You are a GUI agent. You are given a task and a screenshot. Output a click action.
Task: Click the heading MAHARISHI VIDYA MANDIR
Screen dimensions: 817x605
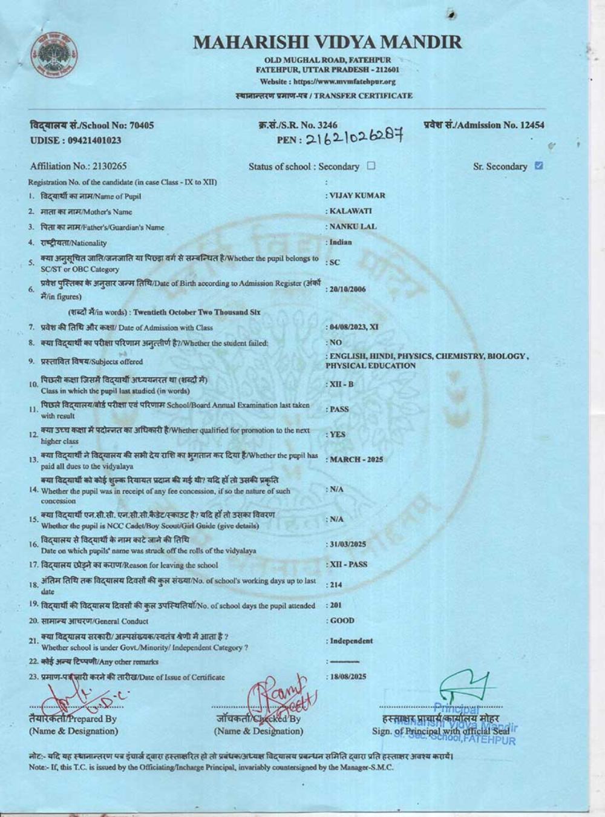coord(327,42)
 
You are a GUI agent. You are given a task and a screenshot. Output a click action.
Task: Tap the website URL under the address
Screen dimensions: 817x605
coord(327,82)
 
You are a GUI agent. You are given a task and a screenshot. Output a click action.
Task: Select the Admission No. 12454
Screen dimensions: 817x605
coord(483,125)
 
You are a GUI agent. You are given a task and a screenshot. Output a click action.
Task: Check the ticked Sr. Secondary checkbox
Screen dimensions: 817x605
coord(539,166)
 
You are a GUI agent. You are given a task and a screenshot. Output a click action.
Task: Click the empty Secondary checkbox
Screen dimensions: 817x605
coord(371,166)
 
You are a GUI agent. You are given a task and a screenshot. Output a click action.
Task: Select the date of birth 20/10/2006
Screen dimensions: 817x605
coord(347,289)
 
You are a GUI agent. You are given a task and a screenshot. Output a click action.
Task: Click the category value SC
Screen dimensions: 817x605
coord(335,263)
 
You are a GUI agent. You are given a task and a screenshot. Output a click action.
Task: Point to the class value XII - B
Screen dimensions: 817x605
coord(342,384)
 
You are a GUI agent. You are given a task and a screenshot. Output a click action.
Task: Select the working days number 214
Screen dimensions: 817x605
coord(335,585)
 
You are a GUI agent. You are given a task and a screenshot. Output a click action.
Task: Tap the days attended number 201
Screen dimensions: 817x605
coord(335,605)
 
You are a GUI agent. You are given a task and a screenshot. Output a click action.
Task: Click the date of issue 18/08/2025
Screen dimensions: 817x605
coord(347,677)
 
